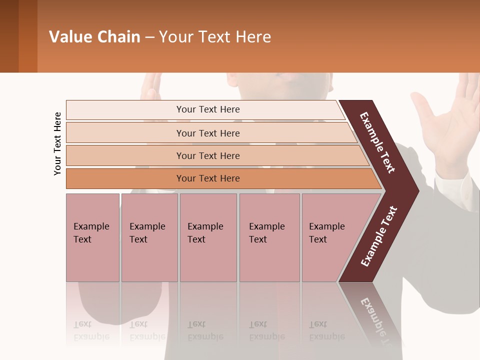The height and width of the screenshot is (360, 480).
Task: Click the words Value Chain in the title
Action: (x=94, y=37)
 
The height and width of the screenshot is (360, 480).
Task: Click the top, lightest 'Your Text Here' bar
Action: (x=207, y=109)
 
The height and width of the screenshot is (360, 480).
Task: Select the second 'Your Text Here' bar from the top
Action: (x=207, y=133)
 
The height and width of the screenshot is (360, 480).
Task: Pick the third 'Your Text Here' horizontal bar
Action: (x=207, y=155)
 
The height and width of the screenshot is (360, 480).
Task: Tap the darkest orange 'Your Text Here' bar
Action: (x=207, y=178)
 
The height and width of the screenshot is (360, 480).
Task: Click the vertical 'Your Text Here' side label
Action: (x=57, y=143)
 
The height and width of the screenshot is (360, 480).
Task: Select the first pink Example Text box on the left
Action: (x=92, y=237)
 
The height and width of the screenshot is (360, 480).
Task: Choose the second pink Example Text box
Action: (x=149, y=237)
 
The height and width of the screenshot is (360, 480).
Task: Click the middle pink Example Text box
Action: (x=208, y=237)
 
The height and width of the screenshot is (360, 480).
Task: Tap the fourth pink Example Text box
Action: (x=269, y=237)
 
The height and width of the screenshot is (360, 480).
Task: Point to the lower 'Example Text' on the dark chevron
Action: (x=379, y=236)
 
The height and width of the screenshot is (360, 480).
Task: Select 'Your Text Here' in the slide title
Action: (x=215, y=37)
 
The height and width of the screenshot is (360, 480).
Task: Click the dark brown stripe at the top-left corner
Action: (x=9, y=36)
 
